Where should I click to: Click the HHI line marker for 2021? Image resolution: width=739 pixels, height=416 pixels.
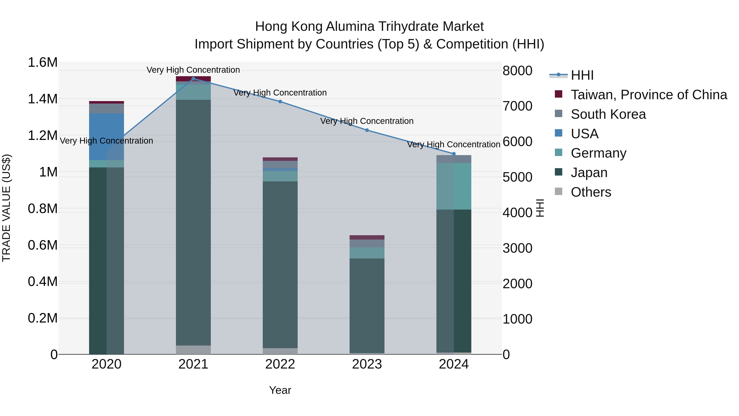point(193,79)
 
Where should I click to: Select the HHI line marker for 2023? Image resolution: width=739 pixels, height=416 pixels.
point(367,130)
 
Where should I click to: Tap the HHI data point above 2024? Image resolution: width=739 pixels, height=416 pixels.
point(454,154)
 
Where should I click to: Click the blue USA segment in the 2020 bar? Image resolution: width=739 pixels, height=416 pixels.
point(106,137)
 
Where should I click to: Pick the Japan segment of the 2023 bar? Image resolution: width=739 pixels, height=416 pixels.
point(367,305)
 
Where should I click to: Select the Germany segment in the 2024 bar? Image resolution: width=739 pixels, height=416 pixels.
point(454,186)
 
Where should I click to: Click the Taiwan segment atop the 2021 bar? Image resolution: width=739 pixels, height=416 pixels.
point(193,79)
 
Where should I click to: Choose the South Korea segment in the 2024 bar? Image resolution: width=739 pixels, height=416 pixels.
point(454,159)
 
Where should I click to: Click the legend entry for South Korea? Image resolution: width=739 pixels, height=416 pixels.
point(608,114)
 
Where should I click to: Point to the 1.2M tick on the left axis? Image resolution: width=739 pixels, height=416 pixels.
point(42,136)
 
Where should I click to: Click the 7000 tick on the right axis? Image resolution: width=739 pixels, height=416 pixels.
point(517,106)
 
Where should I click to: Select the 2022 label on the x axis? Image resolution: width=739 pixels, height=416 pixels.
point(280,364)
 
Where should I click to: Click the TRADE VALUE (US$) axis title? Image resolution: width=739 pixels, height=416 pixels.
point(6,208)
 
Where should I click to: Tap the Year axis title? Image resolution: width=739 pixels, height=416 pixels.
point(280,390)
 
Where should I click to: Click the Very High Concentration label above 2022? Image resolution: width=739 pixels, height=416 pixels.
point(280,93)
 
